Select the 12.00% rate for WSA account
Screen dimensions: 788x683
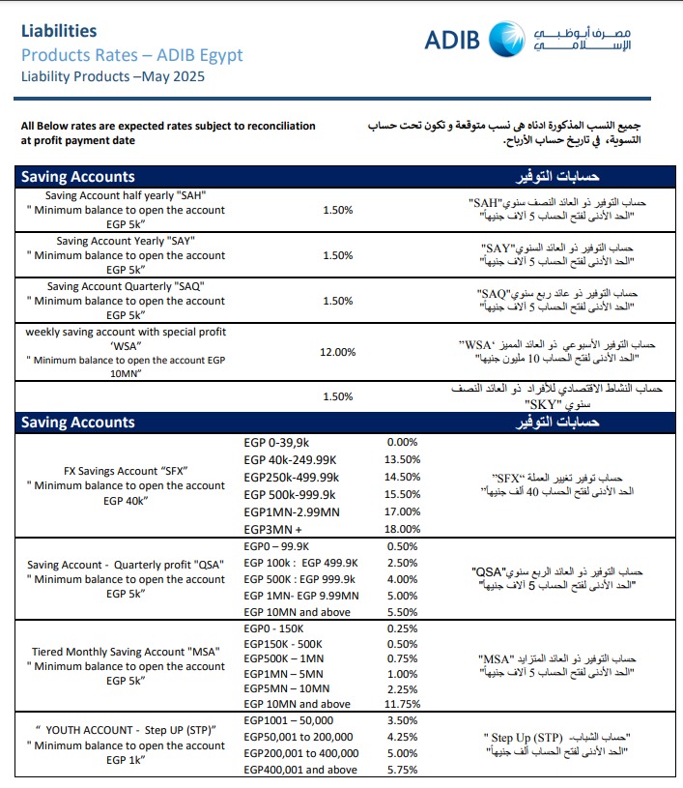click(x=337, y=352)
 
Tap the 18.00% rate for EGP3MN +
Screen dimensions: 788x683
click(x=401, y=529)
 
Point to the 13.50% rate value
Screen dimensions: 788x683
click(x=401, y=459)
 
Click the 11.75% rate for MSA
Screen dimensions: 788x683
click(x=401, y=705)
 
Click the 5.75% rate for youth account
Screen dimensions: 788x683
click(x=401, y=771)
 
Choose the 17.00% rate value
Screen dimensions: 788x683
click(x=401, y=511)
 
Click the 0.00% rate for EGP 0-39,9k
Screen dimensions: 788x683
click(x=401, y=442)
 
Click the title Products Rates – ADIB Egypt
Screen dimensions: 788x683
click(x=131, y=54)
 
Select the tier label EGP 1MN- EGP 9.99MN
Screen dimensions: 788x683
click(x=300, y=596)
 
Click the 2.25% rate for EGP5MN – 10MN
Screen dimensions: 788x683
click(x=401, y=688)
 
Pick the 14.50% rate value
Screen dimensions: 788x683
click(x=401, y=477)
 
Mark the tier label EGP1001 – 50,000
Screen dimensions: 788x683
click(x=289, y=720)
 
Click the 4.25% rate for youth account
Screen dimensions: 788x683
click(x=401, y=736)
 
